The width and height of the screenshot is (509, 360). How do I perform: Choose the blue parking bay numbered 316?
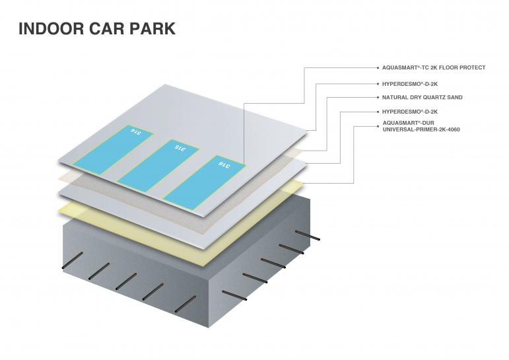(205, 178)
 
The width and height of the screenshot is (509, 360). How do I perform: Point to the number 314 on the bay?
(137, 131)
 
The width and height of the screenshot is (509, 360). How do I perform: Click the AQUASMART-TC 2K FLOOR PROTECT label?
(433, 67)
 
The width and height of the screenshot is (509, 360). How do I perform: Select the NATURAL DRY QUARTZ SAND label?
(422, 97)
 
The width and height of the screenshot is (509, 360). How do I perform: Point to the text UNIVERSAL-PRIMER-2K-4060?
(421, 129)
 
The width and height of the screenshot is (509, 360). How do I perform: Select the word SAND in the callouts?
(455, 97)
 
